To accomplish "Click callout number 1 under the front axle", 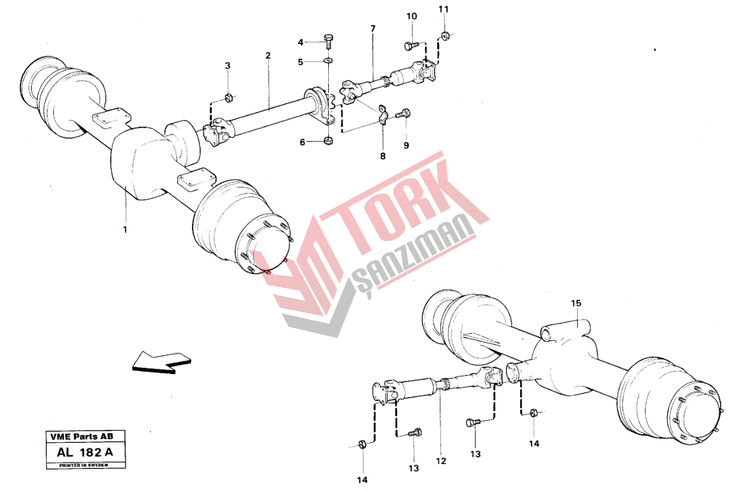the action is tap(125, 230).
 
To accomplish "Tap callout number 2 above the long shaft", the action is tap(268, 56).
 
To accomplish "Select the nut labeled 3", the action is tap(227, 98).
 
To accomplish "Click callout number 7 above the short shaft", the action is tap(373, 28).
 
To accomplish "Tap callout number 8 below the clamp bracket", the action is tap(383, 155).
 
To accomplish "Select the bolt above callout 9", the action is tap(404, 113).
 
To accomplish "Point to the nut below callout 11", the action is tap(445, 35).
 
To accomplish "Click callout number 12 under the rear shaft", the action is tap(441, 462).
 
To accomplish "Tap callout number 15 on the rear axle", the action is tap(577, 303).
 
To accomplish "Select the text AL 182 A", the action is tap(85, 452).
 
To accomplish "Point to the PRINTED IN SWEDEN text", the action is tap(84, 465).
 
